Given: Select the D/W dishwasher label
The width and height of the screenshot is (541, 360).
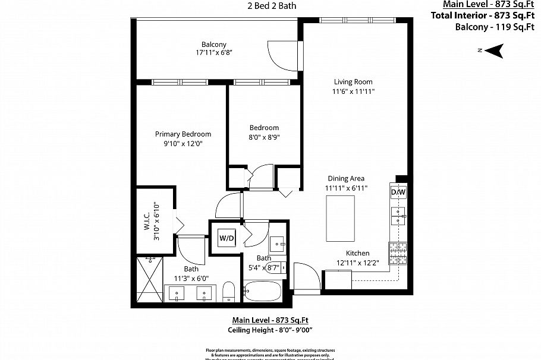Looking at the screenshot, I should point(398,192).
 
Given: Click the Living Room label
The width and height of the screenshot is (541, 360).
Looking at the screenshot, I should point(353,82).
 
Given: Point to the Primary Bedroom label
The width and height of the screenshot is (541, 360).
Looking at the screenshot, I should point(183,134).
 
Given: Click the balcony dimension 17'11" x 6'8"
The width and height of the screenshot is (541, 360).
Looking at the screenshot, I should point(213,53).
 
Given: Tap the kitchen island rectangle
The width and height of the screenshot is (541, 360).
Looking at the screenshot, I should point(340,218).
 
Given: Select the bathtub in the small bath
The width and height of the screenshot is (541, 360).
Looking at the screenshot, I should point(262,292).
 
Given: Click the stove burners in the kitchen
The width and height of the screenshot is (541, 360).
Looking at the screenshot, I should point(397,254).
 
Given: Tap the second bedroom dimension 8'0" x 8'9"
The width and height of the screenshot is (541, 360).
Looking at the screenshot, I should point(264,137).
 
